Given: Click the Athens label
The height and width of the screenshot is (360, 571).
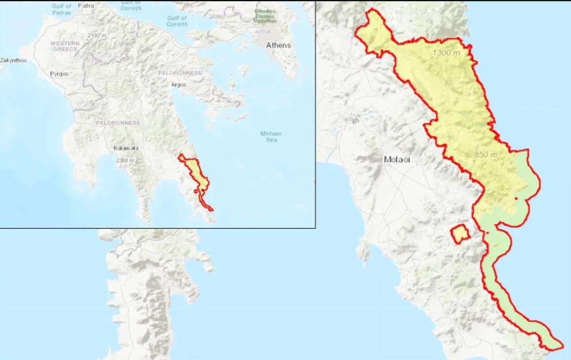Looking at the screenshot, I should pyautogui.click(x=278, y=45).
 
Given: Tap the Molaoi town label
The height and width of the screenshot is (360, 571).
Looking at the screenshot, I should pyautogui.click(x=397, y=160).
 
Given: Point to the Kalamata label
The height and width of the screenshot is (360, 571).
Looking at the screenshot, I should pyautogui.click(x=126, y=148).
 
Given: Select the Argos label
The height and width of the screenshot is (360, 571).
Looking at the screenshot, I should pyautogui.click(x=179, y=85).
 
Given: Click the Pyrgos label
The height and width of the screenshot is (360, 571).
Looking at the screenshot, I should pyautogui.click(x=59, y=74).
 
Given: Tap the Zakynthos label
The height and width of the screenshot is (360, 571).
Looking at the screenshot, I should pyautogui.click(x=14, y=60).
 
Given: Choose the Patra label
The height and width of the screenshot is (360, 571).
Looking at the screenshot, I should pyautogui.click(x=86, y=6).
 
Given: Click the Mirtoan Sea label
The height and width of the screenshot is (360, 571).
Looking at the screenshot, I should pyautogui.click(x=271, y=136).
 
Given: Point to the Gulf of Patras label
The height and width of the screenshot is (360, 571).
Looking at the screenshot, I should pyautogui.click(x=62, y=9).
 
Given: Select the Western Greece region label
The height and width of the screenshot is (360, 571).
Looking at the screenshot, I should pyautogui.click(x=65, y=46).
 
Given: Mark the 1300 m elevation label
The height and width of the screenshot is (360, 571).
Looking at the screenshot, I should pyautogui.click(x=447, y=52).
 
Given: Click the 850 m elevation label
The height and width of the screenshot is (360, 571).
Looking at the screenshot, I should pyautogui.click(x=485, y=155).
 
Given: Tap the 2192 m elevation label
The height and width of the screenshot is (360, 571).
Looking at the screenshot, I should pyautogui.click(x=97, y=35).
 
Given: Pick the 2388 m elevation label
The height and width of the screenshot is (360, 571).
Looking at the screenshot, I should pyautogui.click(x=124, y=161).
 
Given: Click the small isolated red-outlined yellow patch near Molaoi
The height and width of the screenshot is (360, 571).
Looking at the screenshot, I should pyautogui.click(x=460, y=233).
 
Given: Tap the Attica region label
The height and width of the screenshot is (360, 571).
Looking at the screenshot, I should pyautogui.click(x=263, y=32).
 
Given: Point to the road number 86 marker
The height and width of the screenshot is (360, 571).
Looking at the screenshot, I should pyautogui.click(x=355, y=120).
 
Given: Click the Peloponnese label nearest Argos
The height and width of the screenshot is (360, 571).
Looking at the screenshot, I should pyautogui.click(x=176, y=74).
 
